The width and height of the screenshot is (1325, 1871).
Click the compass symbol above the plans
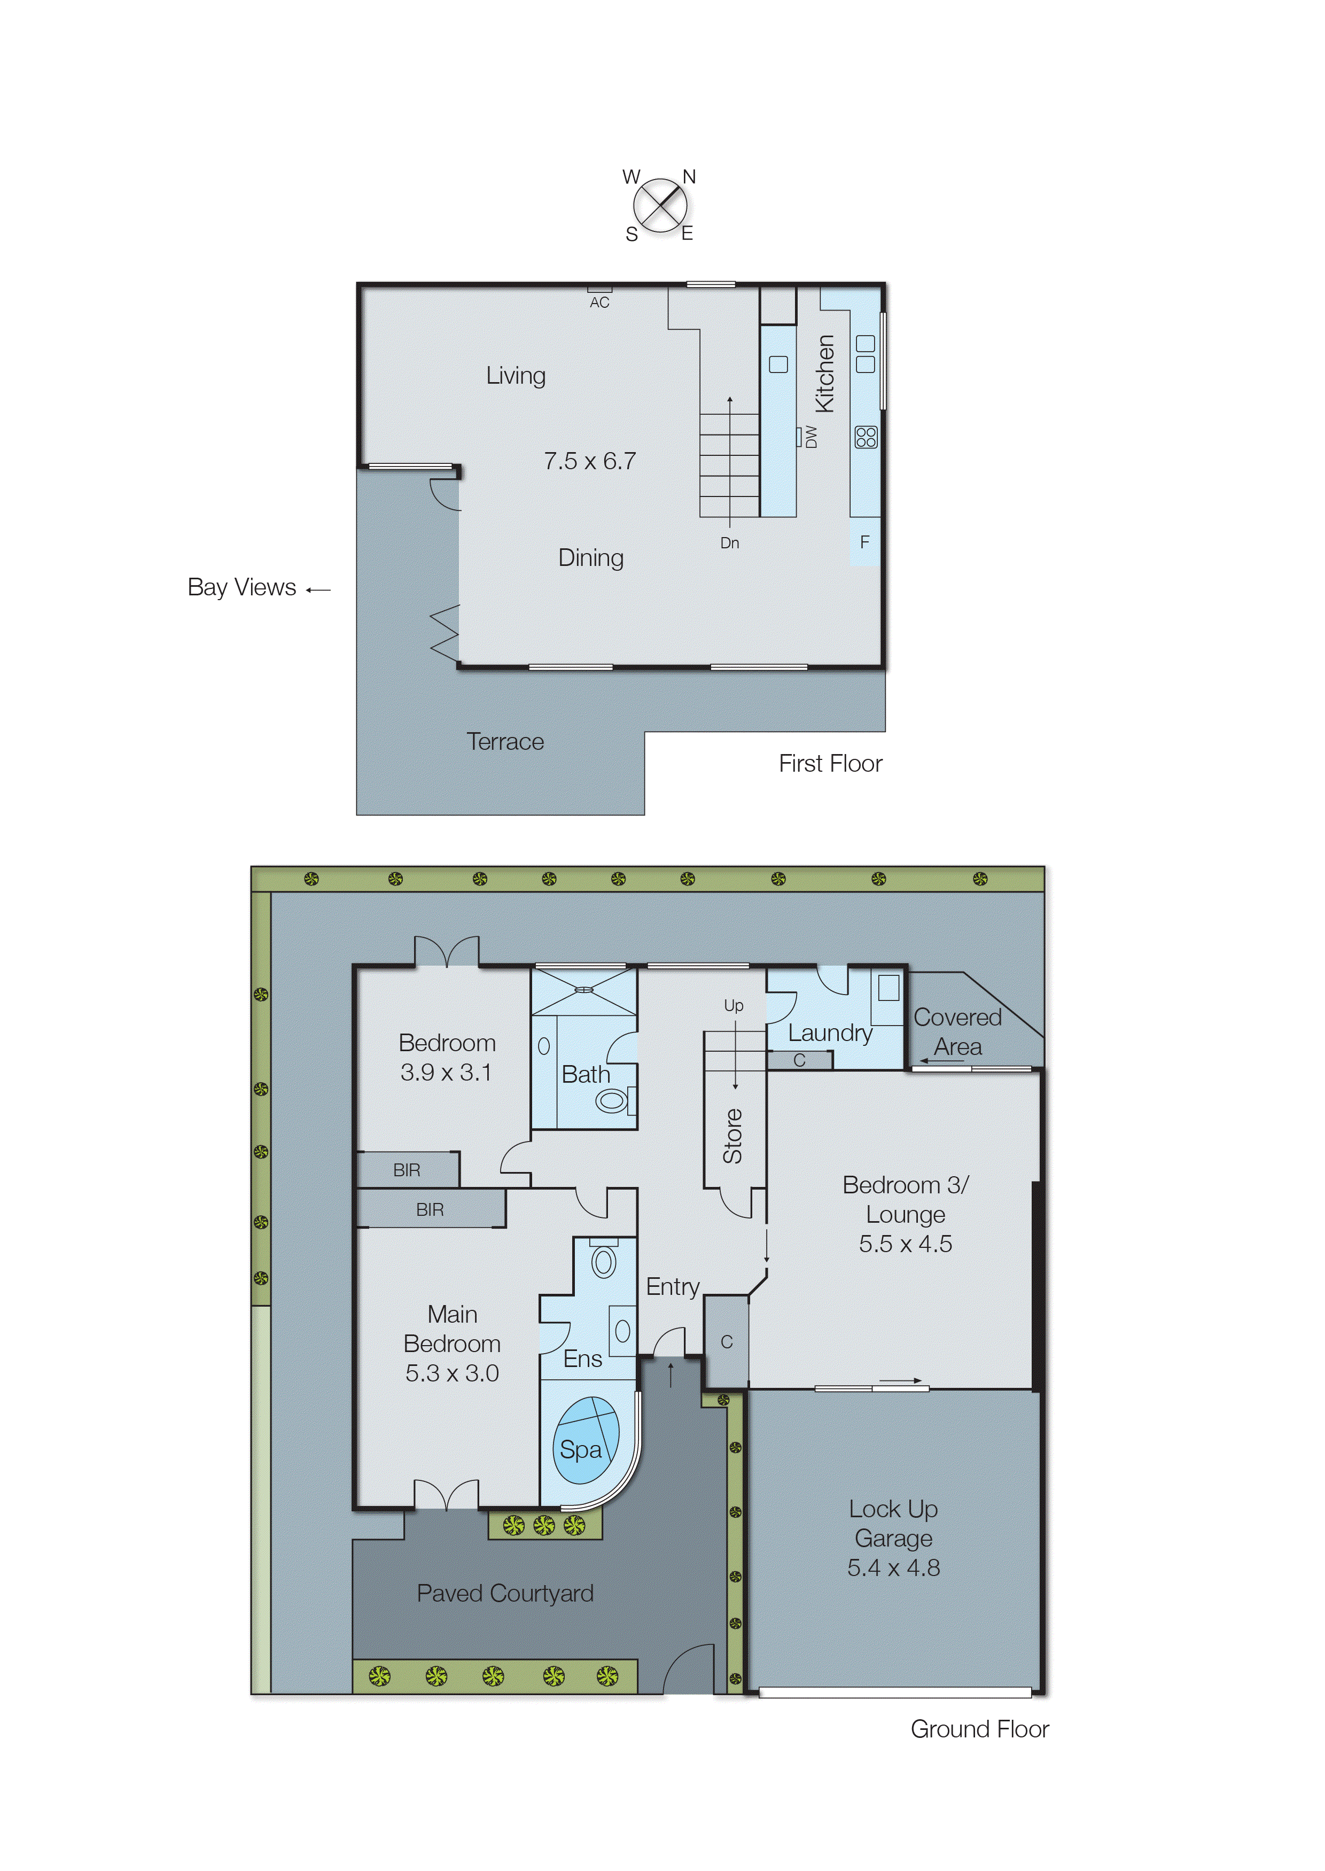tap(659, 205)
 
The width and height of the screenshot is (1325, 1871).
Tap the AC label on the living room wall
tap(599, 302)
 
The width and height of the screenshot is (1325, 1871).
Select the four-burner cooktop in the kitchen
tap(866, 437)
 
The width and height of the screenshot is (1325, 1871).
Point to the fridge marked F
tap(865, 542)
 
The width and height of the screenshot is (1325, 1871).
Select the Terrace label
tap(505, 742)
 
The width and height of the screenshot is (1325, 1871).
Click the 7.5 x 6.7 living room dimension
tap(590, 461)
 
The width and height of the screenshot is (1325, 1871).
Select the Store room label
tap(732, 1136)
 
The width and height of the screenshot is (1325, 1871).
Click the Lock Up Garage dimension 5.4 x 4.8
tap(893, 1567)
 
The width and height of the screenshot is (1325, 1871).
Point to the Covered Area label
tap(958, 1031)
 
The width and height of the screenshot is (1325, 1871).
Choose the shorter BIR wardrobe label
tap(406, 1170)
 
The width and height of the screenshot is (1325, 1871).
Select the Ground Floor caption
tap(979, 1729)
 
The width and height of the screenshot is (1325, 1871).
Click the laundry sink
tap(888, 988)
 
